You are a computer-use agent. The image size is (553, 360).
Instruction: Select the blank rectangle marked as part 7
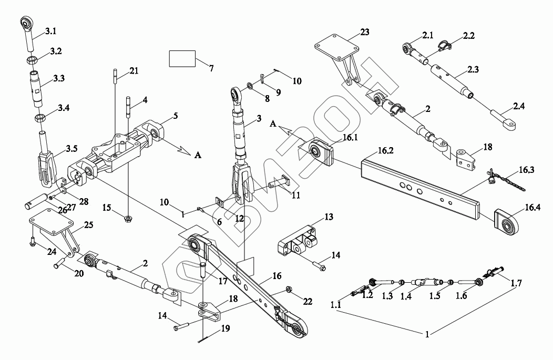[x=182, y=58]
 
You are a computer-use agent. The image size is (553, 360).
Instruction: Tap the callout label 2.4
[x=519, y=106]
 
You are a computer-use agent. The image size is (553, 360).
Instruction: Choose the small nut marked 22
[x=290, y=289]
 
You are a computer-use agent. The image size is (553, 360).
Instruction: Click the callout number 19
[x=226, y=330]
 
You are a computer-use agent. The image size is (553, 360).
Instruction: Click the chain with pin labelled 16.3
[x=504, y=182]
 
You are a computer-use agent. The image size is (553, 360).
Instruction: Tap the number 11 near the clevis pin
[x=295, y=195]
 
